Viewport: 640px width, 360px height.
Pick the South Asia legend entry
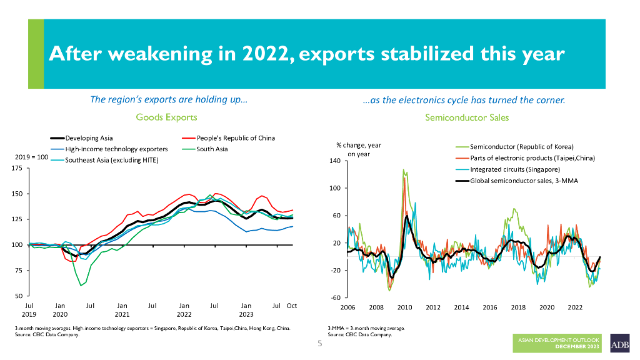pos(212,149)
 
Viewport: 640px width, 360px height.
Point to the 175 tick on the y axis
pos(18,169)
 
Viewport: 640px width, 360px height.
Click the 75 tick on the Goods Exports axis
pos(20,271)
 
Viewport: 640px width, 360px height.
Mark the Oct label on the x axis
pos(291,305)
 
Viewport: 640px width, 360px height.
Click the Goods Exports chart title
pos(166,117)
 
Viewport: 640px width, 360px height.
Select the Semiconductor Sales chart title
pos(467,117)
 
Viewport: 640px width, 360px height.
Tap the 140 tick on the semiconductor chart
pos(334,161)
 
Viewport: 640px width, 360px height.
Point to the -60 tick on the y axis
pos(336,297)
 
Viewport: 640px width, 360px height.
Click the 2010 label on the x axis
pos(404,307)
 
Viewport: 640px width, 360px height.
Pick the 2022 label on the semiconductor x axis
pos(575,307)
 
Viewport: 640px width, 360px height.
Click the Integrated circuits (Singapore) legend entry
pos(514,169)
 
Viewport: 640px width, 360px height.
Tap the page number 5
pos(319,344)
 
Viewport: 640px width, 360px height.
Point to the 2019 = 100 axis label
pos(31,157)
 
